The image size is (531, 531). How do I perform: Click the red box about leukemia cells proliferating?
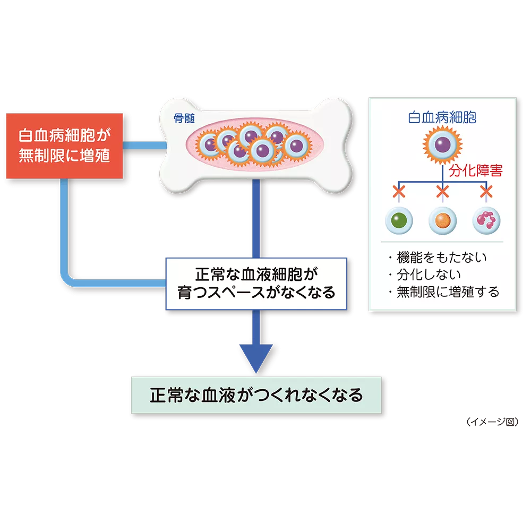[x=65, y=145]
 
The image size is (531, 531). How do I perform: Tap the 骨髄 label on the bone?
[x=184, y=118]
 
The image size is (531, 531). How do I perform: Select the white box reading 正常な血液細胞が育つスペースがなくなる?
[x=256, y=284]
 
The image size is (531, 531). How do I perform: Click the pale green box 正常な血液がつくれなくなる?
[x=256, y=396]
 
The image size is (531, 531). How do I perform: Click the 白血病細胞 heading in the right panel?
[x=442, y=117]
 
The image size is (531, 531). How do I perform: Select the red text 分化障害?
[x=475, y=171]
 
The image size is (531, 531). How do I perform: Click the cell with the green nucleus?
[x=398, y=220]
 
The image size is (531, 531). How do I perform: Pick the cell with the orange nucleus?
[x=442, y=220]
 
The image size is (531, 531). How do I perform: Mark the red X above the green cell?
[x=398, y=191]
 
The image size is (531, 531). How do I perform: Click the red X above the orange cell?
[x=442, y=191]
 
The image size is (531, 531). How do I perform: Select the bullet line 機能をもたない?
[x=436, y=258]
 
